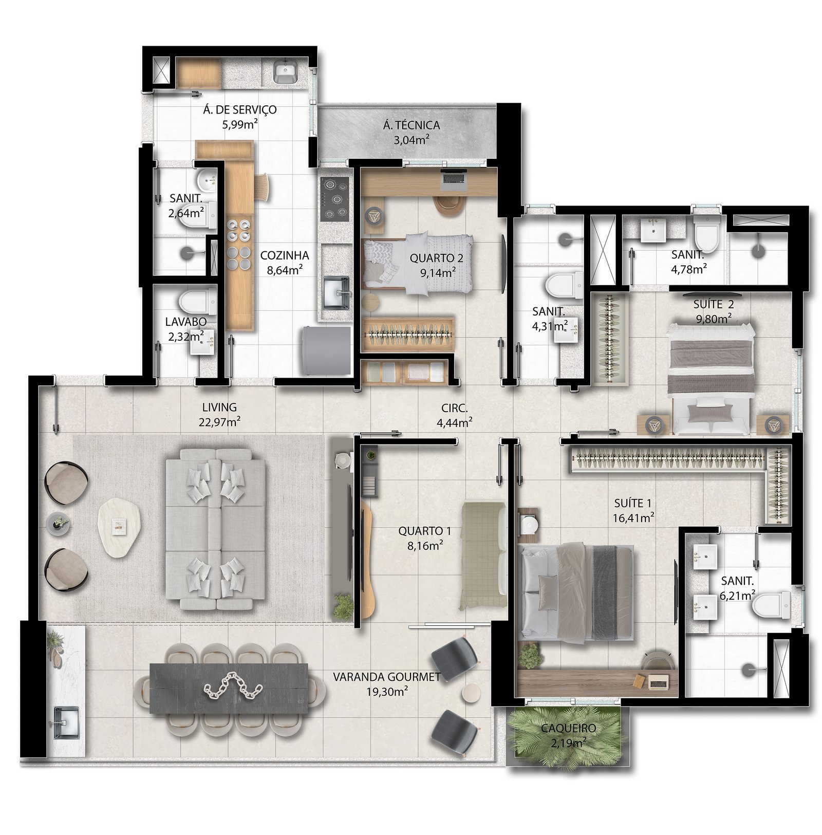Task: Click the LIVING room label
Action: [219, 407]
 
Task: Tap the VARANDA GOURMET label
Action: [386, 677]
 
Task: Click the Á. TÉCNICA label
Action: [411, 125]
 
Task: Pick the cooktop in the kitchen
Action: [334, 199]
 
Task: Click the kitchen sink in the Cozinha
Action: [336, 293]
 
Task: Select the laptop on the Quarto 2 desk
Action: [454, 178]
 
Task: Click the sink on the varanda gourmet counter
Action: [66, 722]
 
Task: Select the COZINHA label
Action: [285, 255]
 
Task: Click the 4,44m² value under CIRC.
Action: [454, 423]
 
